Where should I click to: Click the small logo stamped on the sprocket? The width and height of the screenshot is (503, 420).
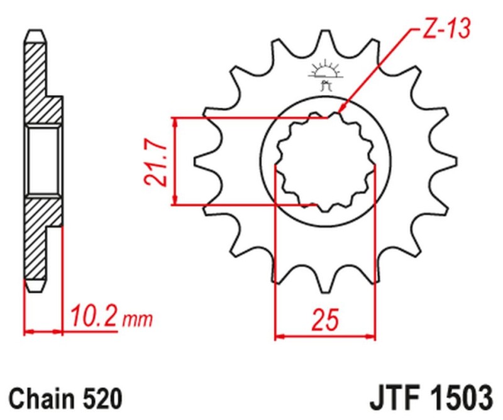(x=324, y=74)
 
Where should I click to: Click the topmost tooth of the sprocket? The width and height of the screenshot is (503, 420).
(x=325, y=37)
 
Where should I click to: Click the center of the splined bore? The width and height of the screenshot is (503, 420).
(x=325, y=162)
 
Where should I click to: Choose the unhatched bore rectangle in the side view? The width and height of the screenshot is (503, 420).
(x=44, y=160)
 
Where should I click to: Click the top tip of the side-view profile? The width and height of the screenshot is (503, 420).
(x=35, y=31)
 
